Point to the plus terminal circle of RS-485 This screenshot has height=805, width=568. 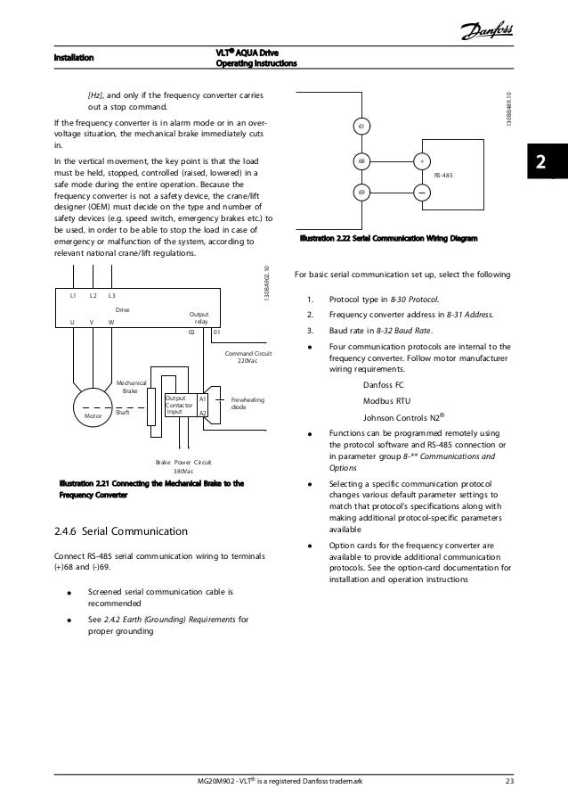click(x=419, y=161)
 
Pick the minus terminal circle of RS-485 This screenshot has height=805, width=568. click(x=419, y=192)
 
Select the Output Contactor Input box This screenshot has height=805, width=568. click(x=179, y=406)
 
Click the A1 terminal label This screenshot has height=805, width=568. click(x=203, y=398)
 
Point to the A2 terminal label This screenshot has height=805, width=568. click(x=203, y=414)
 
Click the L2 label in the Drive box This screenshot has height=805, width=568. click(x=93, y=294)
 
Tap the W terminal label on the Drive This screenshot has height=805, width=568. click(x=111, y=323)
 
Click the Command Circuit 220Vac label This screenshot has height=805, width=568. click(x=248, y=357)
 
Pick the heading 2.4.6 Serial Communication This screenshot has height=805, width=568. click(x=121, y=533)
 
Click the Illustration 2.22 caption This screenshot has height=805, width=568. click(x=389, y=239)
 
